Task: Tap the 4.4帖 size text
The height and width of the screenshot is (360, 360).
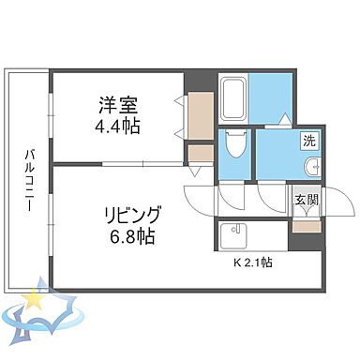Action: tap(118, 124)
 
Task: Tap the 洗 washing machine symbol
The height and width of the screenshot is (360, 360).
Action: tap(307, 142)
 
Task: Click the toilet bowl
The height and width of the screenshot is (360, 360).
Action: tap(235, 146)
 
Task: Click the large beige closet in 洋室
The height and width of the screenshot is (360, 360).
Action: tap(202, 113)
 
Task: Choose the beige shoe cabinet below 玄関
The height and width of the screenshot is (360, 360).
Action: tap(305, 222)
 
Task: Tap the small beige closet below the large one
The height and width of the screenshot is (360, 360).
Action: tap(201, 152)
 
